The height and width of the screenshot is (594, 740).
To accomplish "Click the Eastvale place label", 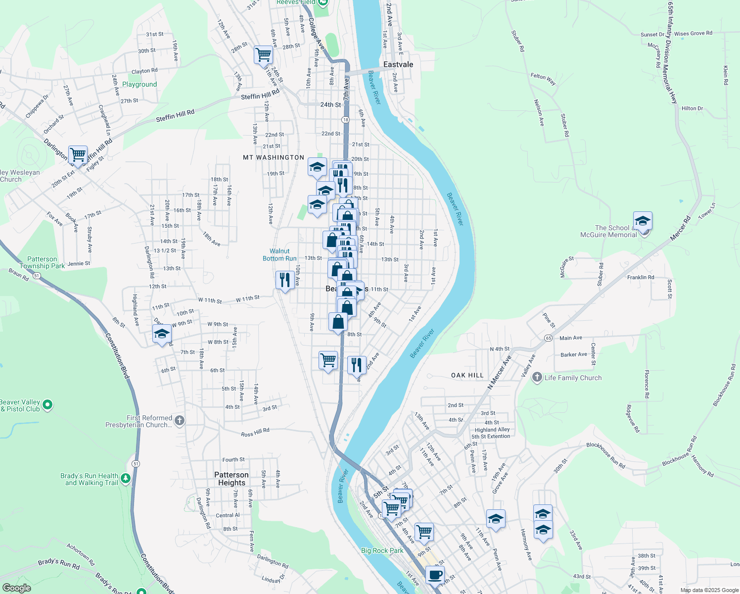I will (398, 65).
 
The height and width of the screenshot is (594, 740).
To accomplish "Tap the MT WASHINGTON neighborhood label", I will (274, 157).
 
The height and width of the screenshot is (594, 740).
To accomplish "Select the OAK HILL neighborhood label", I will (467, 375).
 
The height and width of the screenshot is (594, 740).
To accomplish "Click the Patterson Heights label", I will (231, 479).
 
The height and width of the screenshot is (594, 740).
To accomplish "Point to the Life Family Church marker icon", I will (537, 378).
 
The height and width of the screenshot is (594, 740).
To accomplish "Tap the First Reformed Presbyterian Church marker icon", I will (180, 421).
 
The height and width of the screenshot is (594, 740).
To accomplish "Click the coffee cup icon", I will (435, 575).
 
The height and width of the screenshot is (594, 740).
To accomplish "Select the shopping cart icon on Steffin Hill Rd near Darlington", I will (78, 155).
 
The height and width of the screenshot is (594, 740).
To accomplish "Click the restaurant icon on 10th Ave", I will (285, 280).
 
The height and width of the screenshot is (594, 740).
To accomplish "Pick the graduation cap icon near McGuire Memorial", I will (643, 221).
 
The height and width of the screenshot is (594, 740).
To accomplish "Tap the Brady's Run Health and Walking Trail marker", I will (126, 479).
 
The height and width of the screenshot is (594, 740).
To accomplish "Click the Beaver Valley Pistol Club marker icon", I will (47, 405).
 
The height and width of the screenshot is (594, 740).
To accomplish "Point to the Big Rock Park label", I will (382, 550).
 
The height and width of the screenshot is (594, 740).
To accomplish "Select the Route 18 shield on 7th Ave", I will (345, 120).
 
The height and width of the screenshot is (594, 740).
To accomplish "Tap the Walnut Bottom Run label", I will (279, 254).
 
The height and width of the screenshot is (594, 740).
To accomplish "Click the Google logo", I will (17, 588).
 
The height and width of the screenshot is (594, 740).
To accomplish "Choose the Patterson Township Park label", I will (42, 262).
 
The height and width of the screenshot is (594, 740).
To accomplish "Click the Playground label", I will (139, 84).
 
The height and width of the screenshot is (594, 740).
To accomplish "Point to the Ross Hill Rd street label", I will (255, 433).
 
